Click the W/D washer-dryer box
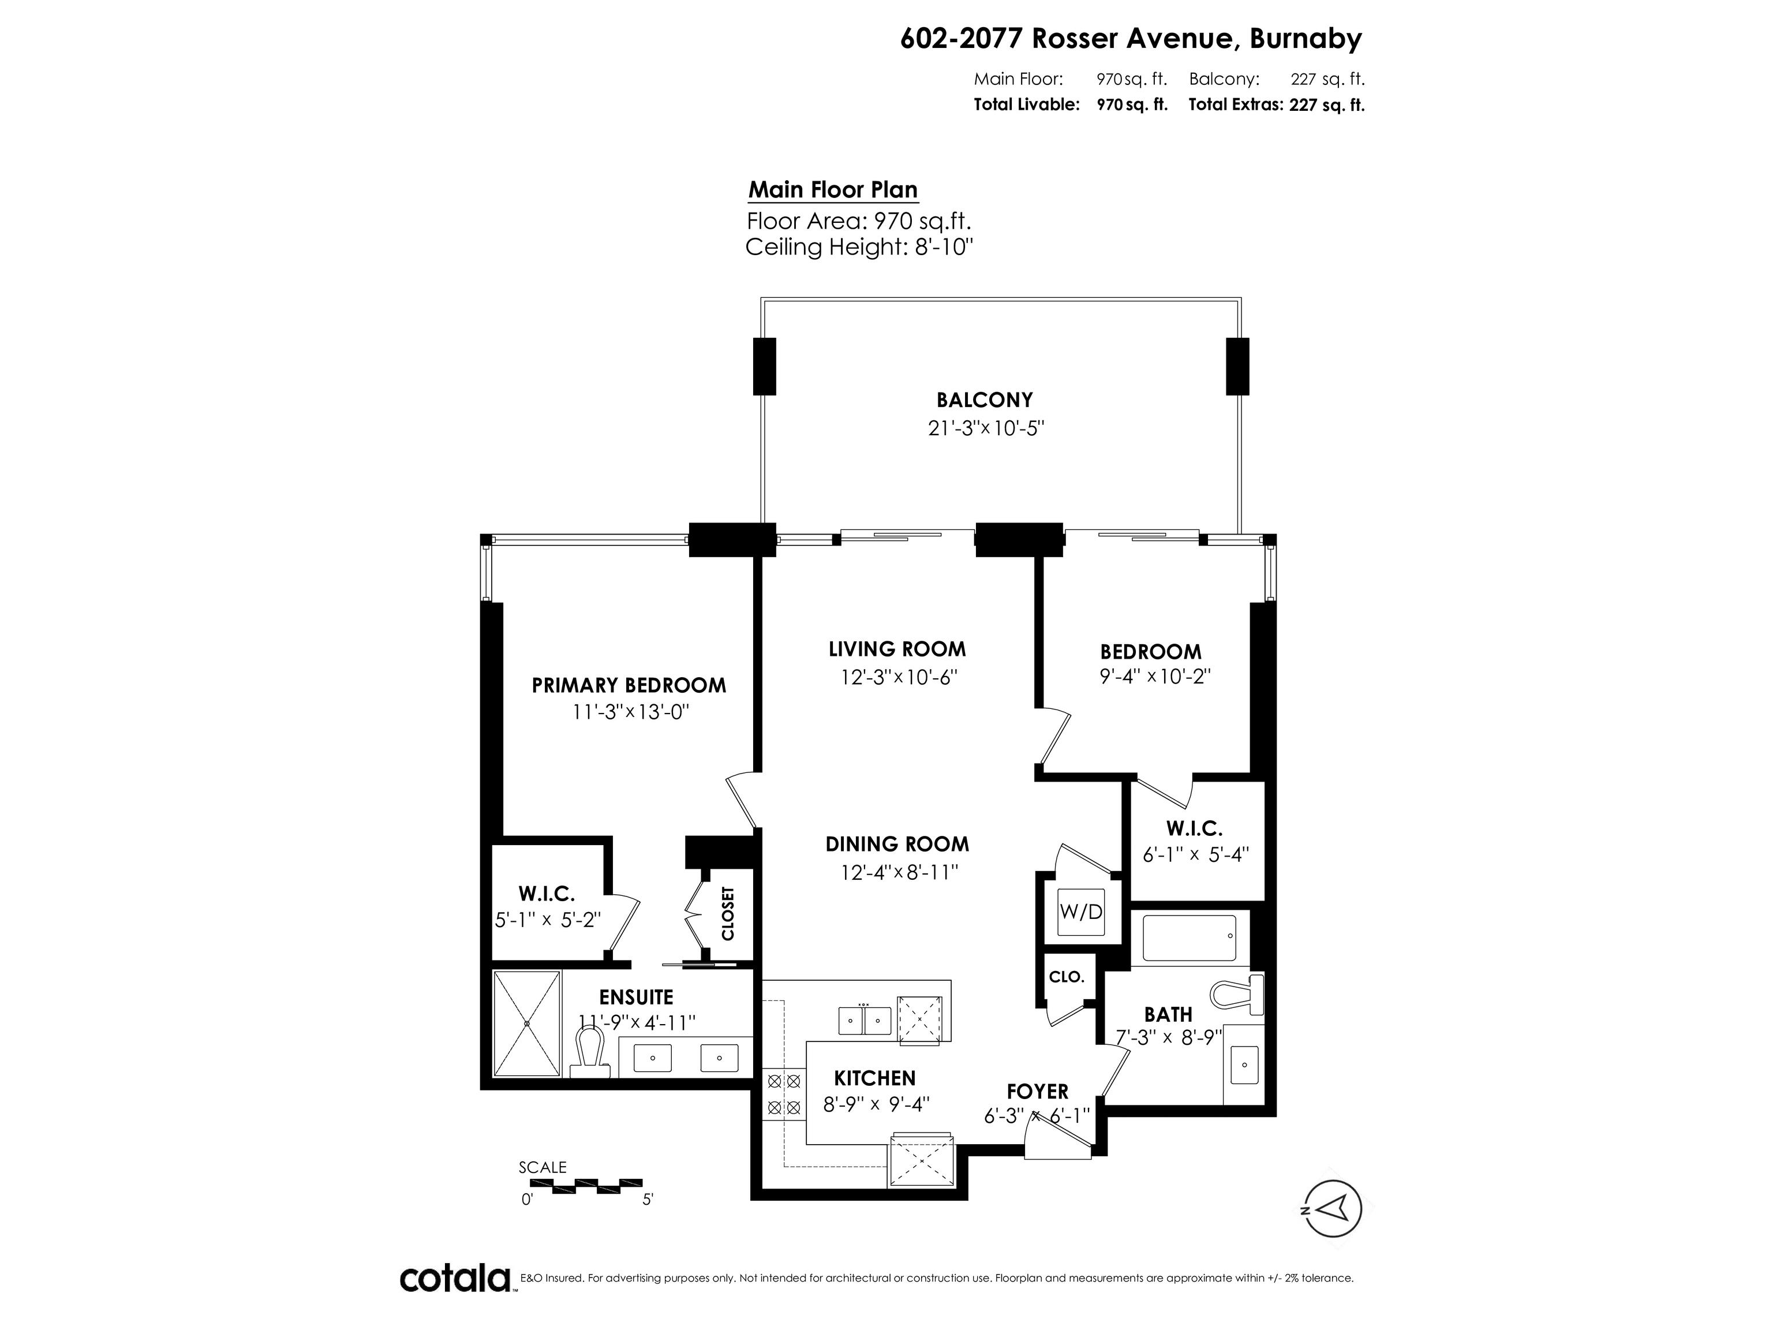click(1080, 911)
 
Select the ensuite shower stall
click(526, 1023)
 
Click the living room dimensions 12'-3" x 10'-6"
click(899, 678)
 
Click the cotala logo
click(455, 1278)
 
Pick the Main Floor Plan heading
click(833, 190)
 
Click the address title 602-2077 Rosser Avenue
click(1130, 39)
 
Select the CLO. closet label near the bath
click(1066, 977)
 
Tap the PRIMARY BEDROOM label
click(629, 685)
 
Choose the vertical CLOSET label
click(728, 913)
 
